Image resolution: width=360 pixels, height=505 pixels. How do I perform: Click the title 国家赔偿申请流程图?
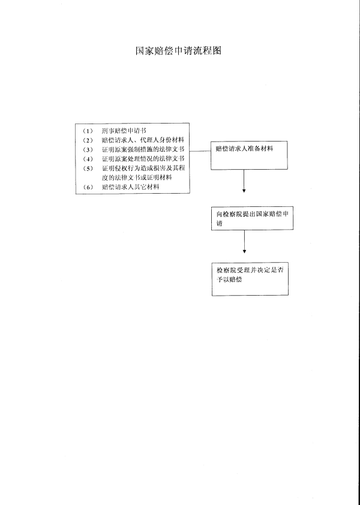(x=179, y=50)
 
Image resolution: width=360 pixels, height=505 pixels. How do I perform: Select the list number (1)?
(x=88, y=131)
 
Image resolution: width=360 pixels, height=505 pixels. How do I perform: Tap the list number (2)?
(x=88, y=140)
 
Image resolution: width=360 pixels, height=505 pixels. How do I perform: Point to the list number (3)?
(x=88, y=150)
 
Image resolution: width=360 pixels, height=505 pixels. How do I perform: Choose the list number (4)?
(x=88, y=159)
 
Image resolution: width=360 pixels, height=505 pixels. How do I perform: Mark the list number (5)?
(x=88, y=169)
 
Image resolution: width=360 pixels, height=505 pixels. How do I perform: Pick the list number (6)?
(x=88, y=187)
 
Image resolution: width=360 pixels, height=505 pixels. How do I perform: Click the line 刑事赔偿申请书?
(x=124, y=131)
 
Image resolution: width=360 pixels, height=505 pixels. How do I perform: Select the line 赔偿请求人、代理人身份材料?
(x=143, y=140)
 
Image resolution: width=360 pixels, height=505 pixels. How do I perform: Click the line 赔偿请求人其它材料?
(x=131, y=187)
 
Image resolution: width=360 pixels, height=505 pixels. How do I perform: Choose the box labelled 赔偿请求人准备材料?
(x=249, y=155)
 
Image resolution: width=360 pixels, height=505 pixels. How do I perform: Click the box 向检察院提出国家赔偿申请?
(x=253, y=218)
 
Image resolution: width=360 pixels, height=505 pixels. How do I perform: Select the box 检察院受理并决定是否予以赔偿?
(x=250, y=279)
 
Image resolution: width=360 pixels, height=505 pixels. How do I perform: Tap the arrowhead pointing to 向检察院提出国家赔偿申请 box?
(x=244, y=191)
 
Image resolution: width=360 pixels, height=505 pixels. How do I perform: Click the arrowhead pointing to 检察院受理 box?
(x=244, y=251)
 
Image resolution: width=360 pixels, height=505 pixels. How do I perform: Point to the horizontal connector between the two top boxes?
(x=200, y=151)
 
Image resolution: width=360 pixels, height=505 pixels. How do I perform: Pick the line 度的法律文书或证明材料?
(x=137, y=178)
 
